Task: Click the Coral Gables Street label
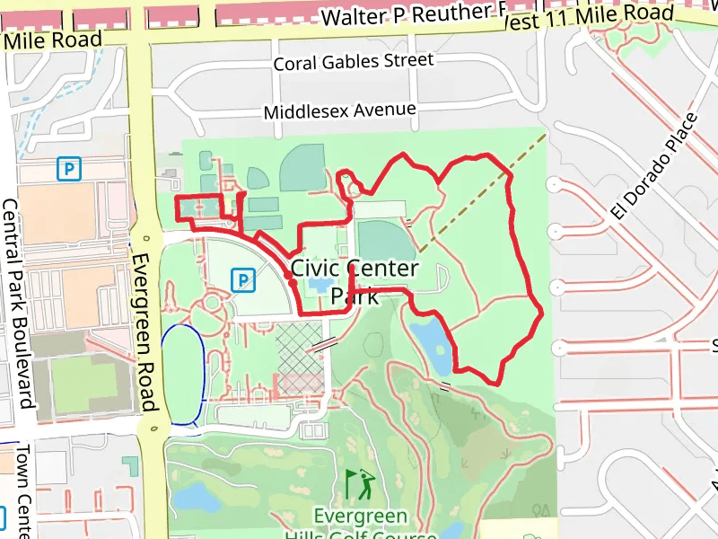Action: (x=353, y=62)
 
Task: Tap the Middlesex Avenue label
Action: (x=339, y=111)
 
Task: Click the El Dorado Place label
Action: (x=654, y=165)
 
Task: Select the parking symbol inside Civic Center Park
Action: (x=241, y=280)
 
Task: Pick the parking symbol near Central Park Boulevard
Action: (x=68, y=168)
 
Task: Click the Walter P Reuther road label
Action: (x=408, y=15)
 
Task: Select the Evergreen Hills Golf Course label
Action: (x=360, y=526)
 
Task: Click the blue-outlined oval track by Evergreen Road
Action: (x=183, y=374)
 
